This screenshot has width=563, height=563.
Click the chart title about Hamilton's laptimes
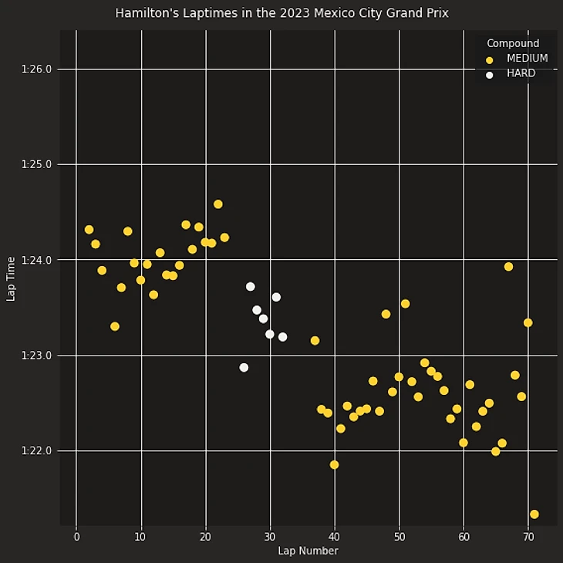coord(281,14)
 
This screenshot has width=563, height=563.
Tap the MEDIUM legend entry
coord(527,59)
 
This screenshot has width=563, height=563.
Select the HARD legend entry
coord(521,74)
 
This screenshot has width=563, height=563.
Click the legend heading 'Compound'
coord(513,43)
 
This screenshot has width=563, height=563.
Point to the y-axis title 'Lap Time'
coord(11,278)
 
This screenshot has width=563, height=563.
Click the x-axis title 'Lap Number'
coord(308,551)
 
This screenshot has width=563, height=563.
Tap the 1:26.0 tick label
coord(37,69)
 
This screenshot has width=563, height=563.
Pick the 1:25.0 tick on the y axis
coord(37,164)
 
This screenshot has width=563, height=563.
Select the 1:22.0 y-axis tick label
coord(37,450)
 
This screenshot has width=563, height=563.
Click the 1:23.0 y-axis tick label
coord(37,356)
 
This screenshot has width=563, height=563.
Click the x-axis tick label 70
coord(528,537)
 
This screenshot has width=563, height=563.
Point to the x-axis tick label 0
coord(76,537)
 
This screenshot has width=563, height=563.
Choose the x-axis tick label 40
coord(334,537)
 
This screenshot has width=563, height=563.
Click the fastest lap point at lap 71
coord(534,514)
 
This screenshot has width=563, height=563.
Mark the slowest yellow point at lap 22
coord(218,204)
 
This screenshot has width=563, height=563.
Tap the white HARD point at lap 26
coord(244,368)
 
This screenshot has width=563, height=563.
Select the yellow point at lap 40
coord(334,465)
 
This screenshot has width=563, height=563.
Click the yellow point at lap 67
coord(508,267)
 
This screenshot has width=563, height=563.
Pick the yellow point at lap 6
coord(115,326)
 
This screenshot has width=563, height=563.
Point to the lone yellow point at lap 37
coord(315,341)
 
